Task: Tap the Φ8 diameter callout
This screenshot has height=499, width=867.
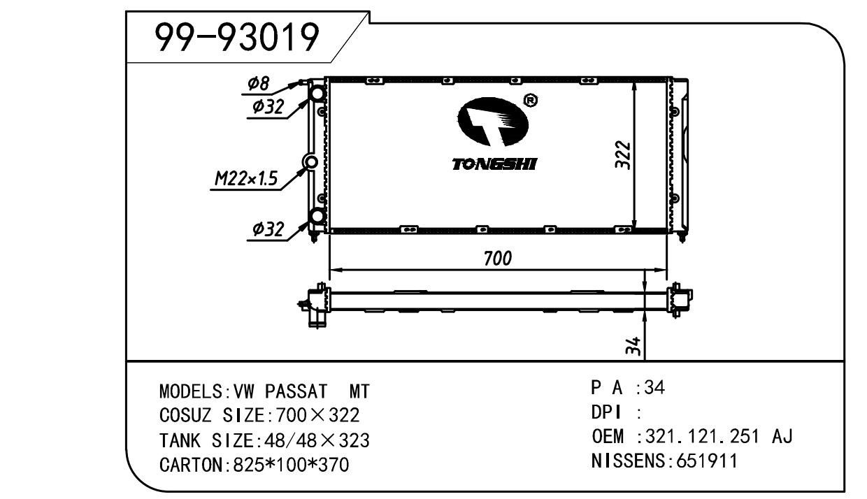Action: [258, 84]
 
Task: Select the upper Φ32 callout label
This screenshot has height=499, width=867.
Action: [268, 106]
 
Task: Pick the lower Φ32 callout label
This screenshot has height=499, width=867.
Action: [268, 229]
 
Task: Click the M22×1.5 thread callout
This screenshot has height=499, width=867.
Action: [246, 179]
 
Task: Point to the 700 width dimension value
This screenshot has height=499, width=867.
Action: [498, 258]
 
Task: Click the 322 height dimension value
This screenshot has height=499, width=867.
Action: [623, 154]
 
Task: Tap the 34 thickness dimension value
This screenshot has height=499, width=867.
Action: [633, 346]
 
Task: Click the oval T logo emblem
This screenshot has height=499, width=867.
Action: [492, 122]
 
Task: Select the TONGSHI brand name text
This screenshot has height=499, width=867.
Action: [494, 164]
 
